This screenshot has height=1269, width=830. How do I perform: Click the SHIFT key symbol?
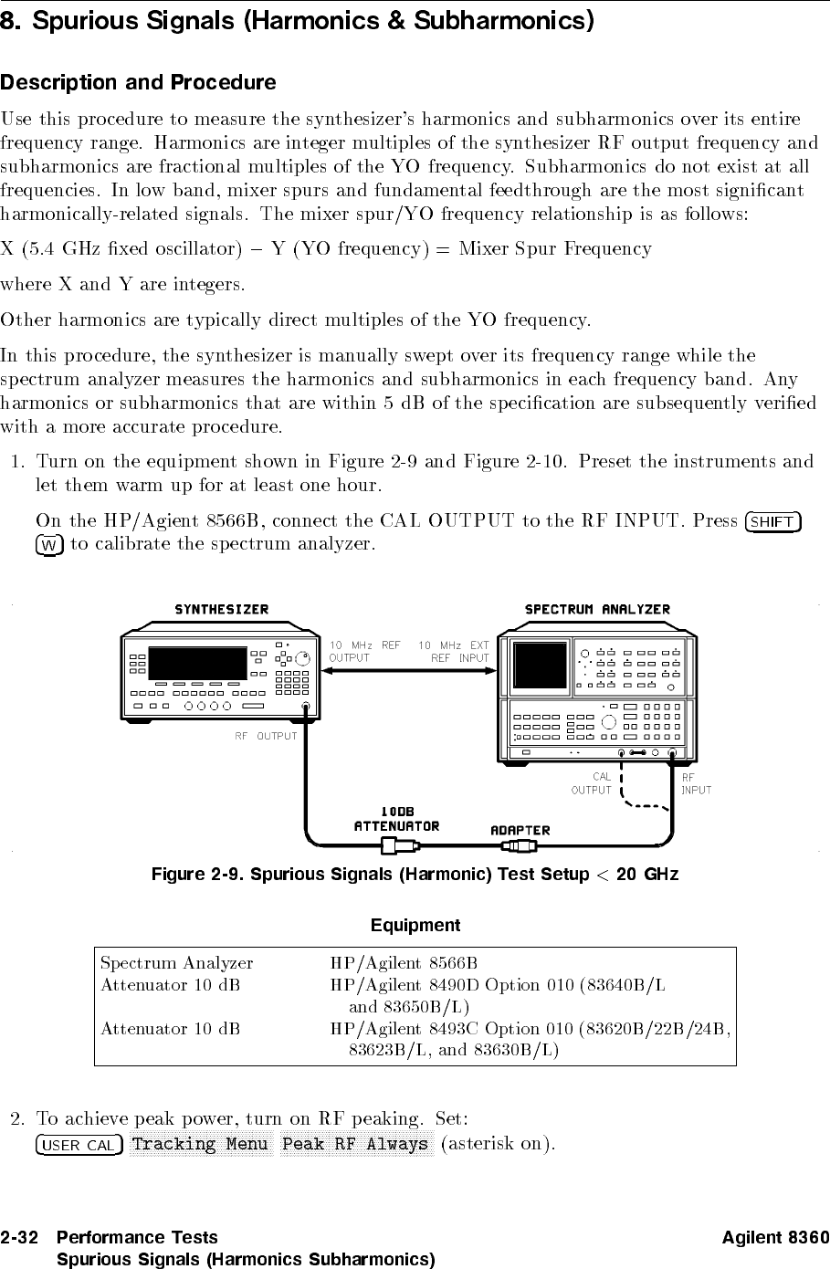[x=772, y=522]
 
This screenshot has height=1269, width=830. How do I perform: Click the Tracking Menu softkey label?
[x=200, y=1145]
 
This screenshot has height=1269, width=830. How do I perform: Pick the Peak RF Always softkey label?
[x=355, y=1145]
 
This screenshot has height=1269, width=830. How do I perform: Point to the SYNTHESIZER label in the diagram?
[x=222, y=610]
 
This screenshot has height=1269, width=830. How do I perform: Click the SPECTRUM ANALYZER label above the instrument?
[x=597, y=610]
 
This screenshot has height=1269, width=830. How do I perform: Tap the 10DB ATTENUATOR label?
[x=396, y=819]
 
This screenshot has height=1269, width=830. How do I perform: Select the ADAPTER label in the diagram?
[x=520, y=830]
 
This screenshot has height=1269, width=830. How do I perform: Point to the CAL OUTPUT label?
[x=592, y=783]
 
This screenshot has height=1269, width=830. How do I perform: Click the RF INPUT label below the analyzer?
[x=696, y=783]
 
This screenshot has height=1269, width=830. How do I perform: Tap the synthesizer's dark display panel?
[x=197, y=664]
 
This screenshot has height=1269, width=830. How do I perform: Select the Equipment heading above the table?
[x=415, y=926]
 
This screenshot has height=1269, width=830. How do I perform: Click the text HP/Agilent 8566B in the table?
[x=404, y=963]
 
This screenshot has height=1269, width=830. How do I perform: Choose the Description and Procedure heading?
[x=138, y=83]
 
